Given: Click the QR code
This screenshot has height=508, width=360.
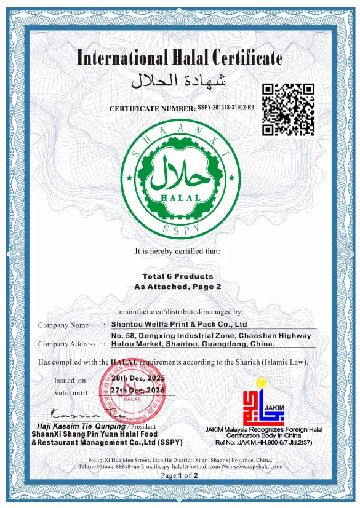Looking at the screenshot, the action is coord(289,109).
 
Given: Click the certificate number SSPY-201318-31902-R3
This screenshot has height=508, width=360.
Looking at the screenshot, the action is coord(226,108).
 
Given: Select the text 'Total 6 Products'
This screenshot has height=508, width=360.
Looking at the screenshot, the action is coord(177,276).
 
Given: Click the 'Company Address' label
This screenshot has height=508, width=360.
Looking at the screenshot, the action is coord(67,344).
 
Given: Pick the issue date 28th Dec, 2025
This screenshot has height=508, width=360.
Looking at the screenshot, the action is coord(138,379).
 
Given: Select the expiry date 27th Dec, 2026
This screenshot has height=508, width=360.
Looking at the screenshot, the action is coord(138,391).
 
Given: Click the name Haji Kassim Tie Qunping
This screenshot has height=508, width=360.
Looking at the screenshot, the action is coord(81,426).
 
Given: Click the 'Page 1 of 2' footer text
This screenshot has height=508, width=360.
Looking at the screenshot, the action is coord(179,475).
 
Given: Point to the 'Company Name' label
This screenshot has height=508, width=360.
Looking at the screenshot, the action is coord(63,325).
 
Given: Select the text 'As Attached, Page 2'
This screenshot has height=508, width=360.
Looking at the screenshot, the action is coord(177,287).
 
